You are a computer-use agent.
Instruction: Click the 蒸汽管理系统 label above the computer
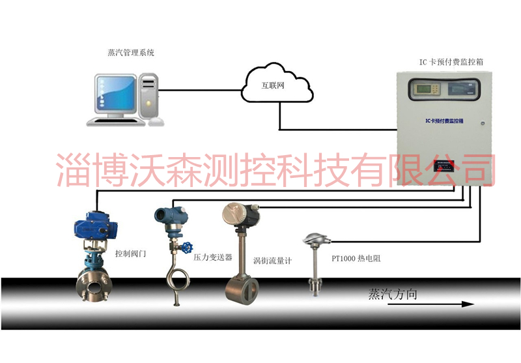pos(130,52)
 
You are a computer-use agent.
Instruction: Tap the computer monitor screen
pos(115,94)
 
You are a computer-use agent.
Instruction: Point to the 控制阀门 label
pos(130,253)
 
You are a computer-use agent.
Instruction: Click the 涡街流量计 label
pos(272,261)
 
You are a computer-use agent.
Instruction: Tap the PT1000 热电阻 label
pos(356,258)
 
